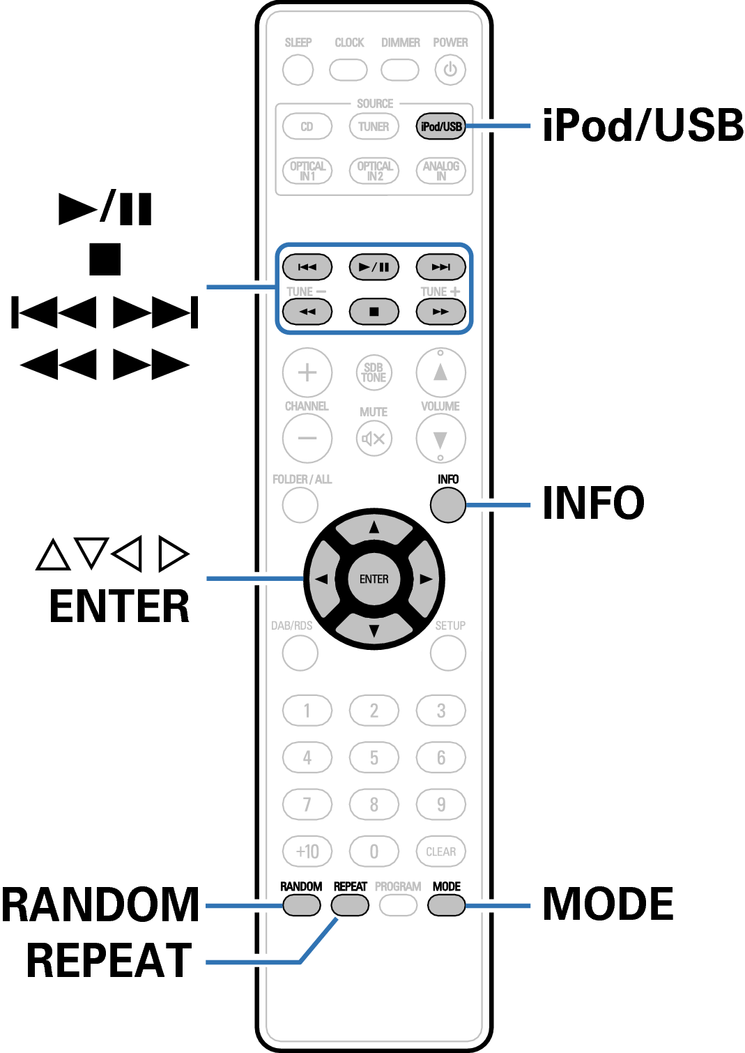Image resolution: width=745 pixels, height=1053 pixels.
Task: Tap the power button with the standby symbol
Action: click(x=450, y=70)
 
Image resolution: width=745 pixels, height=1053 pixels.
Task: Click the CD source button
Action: click(x=307, y=126)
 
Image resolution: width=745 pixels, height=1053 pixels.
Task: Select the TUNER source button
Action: click(x=374, y=126)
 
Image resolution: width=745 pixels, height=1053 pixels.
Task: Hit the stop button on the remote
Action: click(x=374, y=312)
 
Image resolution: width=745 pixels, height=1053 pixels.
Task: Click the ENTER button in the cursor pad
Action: click(x=374, y=579)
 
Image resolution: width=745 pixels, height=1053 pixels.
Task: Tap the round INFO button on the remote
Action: click(x=447, y=505)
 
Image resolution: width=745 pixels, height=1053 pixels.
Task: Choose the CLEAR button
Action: click(x=440, y=851)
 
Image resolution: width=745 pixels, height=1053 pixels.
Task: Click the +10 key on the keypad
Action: click(x=307, y=851)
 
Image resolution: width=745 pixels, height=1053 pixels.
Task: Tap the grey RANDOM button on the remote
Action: click(x=302, y=905)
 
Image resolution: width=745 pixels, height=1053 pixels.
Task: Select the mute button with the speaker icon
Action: click(x=374, y=439)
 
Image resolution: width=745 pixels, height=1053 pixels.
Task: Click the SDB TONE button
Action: click(x=374, y=372)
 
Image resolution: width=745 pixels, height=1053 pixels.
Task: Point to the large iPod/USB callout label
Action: click(x=643, y=126)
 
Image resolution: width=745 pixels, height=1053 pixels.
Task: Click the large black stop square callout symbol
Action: click(x=105, y=259)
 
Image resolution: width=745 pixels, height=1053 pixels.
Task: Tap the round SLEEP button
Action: click(x=298, y=70)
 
